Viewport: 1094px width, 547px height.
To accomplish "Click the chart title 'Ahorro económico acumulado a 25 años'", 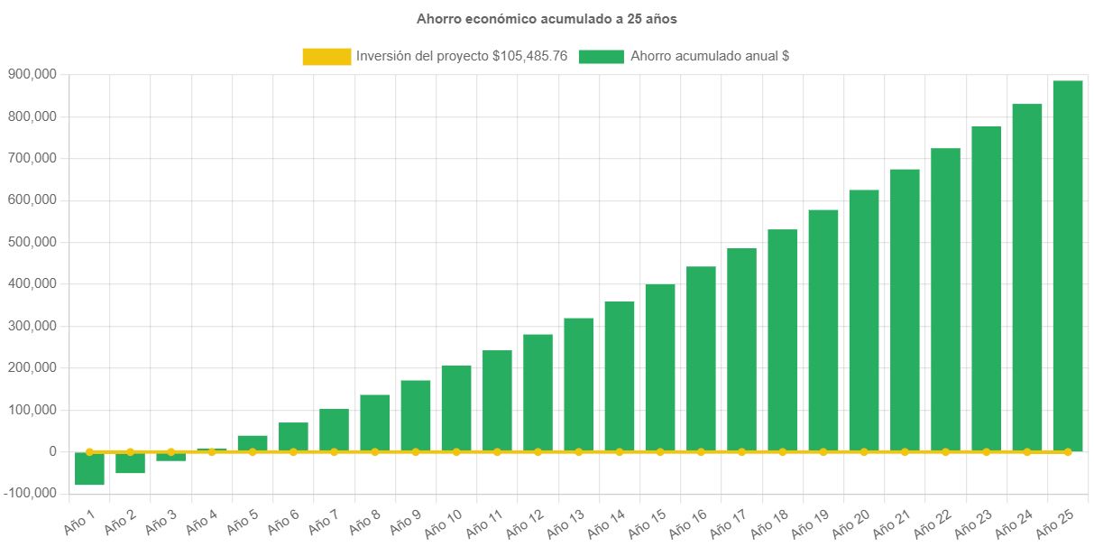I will click(x=546, y=18).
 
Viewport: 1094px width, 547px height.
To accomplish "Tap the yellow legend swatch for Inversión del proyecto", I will click(x=326, y=57).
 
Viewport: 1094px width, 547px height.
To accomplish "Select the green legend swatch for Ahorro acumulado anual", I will click(x=601, y=57).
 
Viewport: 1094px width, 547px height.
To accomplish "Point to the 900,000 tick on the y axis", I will click(x=32, y=74).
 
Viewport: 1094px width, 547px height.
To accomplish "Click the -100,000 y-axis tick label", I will click(x=30, y=493).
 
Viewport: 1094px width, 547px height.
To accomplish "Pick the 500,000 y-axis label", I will click(x=32, y=242).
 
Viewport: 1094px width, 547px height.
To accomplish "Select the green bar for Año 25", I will click(x=1068, y=265).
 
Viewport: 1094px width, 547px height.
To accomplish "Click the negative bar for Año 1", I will click(x=89, y=468).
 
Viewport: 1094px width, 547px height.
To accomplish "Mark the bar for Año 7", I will click(x=334, y=430).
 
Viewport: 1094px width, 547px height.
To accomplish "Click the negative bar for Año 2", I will click(x=130, y=462).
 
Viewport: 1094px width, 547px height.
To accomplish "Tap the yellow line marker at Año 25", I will click(x=1068, y=451).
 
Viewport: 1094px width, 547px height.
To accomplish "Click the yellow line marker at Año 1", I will click(x=89, y=451).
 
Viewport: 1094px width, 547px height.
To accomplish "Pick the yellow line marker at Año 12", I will click(x=538, y=451).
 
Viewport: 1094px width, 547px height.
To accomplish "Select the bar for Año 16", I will click(x=701, y=358).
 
